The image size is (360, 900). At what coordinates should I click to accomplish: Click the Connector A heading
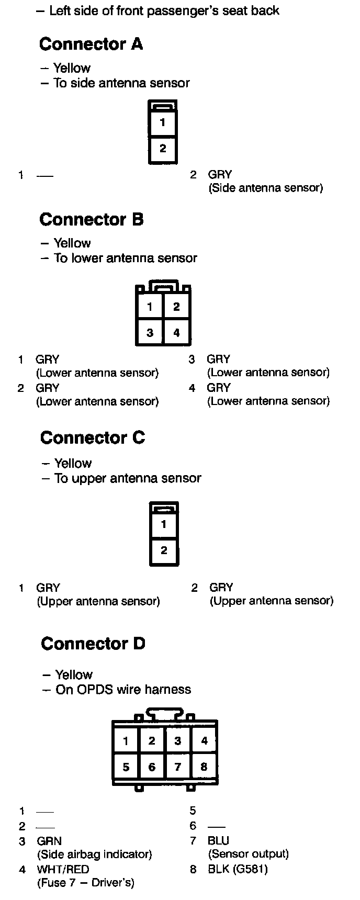point(91,44)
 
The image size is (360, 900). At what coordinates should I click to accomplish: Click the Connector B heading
point(92,219)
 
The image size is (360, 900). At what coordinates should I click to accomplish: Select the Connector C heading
point(93,437)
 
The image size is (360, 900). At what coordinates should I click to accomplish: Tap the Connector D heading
point(93,644)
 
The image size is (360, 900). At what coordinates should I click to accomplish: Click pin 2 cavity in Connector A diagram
point(163,149)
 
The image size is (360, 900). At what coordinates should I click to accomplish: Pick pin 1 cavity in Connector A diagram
point(163,123)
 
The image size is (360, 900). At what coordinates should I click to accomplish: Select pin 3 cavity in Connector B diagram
point(150,332)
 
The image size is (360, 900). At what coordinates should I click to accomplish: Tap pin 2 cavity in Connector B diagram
point(176,307)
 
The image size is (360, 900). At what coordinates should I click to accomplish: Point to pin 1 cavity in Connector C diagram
point(164,524)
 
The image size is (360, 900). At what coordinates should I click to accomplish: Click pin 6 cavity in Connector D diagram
point(152,767)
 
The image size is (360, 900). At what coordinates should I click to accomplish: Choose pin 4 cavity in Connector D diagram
point(204,740)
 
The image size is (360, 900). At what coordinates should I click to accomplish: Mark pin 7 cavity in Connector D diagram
point(178,767)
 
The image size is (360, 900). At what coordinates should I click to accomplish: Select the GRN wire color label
point(49,841)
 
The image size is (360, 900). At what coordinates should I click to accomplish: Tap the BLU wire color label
point(219,841)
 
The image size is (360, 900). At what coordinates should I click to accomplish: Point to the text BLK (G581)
point(238,870)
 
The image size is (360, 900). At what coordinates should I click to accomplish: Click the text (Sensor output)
point(248,854)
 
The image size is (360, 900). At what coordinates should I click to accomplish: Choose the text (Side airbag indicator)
point(94,854)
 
